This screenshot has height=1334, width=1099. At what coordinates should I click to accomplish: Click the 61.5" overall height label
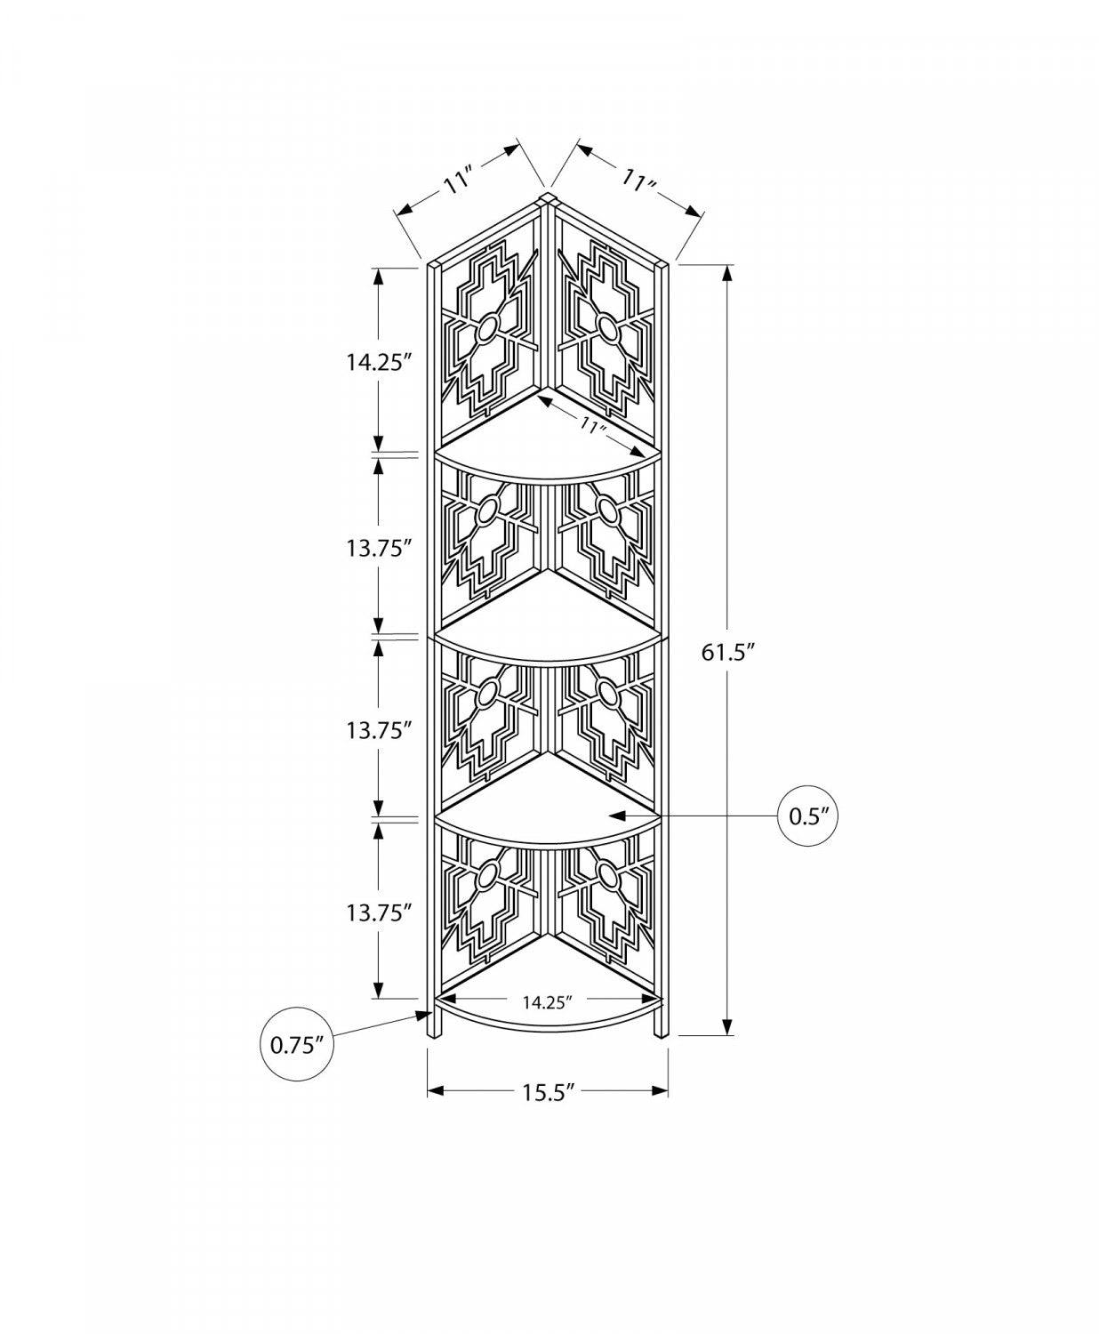point(728,652)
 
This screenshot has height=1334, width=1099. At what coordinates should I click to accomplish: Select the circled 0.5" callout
point(808,816)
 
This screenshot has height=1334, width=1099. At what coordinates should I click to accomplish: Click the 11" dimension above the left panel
point(459,182)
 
